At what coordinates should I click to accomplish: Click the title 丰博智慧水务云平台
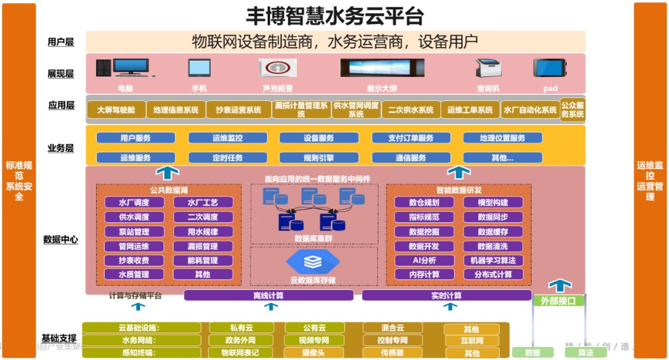click(335, 15)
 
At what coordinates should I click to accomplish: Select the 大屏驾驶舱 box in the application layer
click(116, 110)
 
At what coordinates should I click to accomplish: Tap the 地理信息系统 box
click(176, 110)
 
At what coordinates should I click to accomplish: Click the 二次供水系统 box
click(411, 110)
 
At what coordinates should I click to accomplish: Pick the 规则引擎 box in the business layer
click(319, 158)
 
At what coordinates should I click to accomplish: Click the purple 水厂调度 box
click(134, 203)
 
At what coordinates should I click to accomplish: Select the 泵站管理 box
click(134, 232)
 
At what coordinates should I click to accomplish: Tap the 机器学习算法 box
click(493, 260)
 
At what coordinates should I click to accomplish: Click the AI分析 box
click(424, 260)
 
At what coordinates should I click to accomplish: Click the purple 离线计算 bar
click(268, 296)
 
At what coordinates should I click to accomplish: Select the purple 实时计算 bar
click(446, 296)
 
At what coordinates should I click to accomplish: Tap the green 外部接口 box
click(559, 301)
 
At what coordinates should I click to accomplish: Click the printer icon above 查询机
click(488, 69)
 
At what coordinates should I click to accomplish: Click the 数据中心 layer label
click(61, 240)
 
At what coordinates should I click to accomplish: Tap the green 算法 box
click(585, 353)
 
